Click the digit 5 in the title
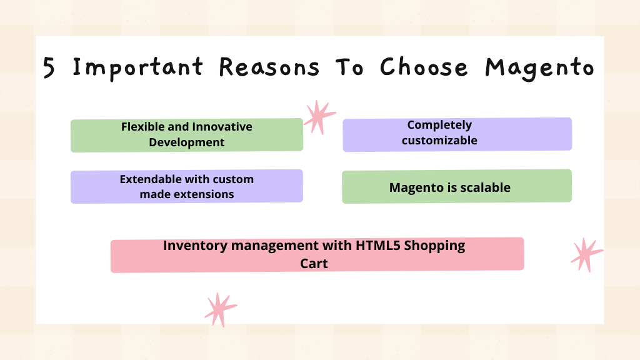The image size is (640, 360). coord(49,67)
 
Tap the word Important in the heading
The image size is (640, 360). coord(138,68)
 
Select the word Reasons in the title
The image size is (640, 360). coord(269,67)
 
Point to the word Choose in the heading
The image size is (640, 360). coord(424,67)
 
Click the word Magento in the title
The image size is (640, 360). coord(539,69)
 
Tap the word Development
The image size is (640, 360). coord(186,142)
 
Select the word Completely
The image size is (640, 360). coord(439,125)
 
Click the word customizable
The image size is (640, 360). coord(439,141)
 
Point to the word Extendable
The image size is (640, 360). coord(151,179)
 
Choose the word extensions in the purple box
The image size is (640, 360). coord(208,194)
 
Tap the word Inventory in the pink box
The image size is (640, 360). coord(195,246)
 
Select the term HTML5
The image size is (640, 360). coord(378,245)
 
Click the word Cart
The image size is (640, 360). coord(314,264)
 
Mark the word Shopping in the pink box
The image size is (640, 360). coord(435,246)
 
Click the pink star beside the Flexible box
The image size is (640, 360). coord(319,117)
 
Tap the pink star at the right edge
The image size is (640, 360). coord(586,255)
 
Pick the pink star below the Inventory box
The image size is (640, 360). coord(221,309)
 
